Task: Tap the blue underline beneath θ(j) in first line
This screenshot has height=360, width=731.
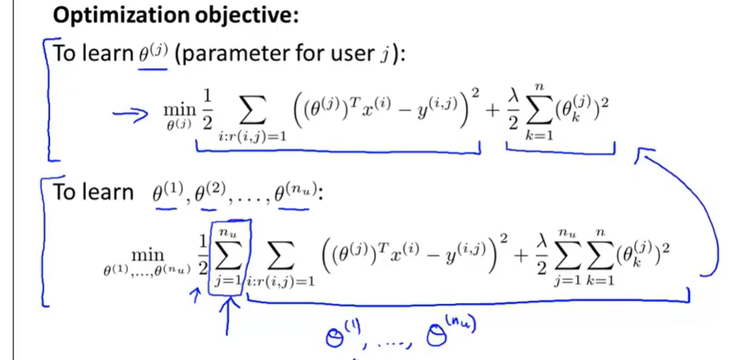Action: (x=153, y=69)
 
